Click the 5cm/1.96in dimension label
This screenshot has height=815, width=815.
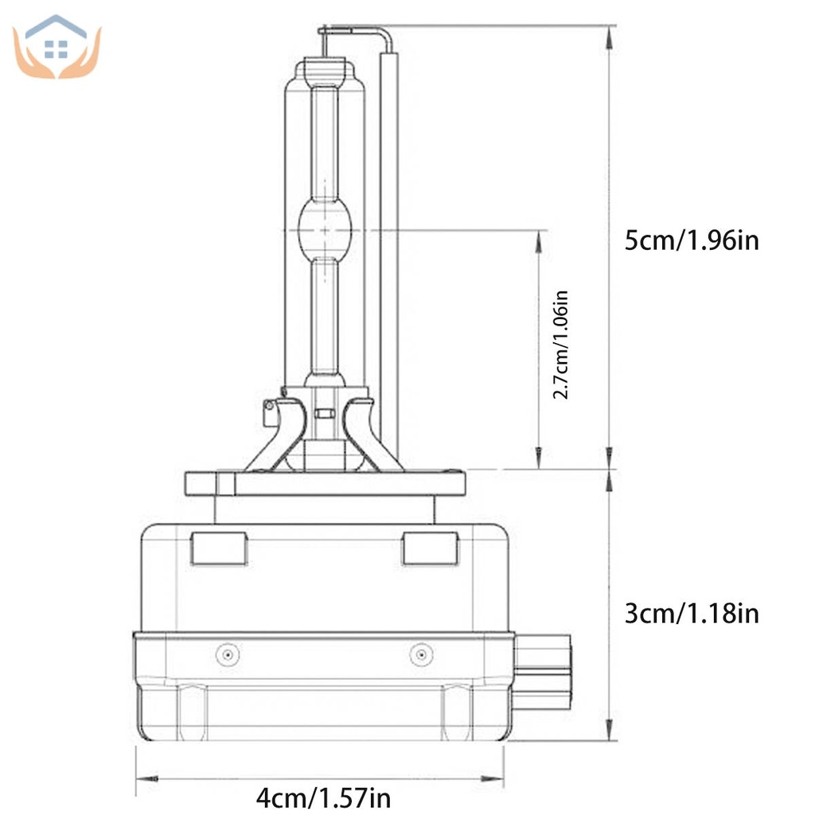click(x=691, y=240)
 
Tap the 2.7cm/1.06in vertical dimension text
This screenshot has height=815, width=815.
click(x=561, y=344)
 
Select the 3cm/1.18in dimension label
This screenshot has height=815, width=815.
click(x=691, y=614)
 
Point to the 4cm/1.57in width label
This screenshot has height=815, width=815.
click(x=323, y=796)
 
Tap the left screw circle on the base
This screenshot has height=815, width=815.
click(x=228, y=654)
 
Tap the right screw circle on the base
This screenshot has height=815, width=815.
click(x=420, y=654)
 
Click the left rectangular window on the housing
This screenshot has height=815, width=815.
click(x=219, y=548)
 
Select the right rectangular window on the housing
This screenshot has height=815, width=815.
click(x=430, y=548)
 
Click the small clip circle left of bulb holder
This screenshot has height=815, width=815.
click(x=269, y=407)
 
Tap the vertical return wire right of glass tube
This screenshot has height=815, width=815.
click(x=389, y=239)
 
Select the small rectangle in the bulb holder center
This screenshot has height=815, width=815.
click(x=323, y=414)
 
